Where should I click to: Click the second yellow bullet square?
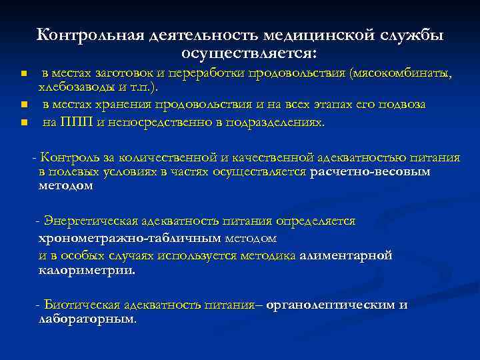22,105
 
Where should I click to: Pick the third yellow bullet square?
22,123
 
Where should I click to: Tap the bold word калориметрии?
87,271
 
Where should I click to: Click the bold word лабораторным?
87,320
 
